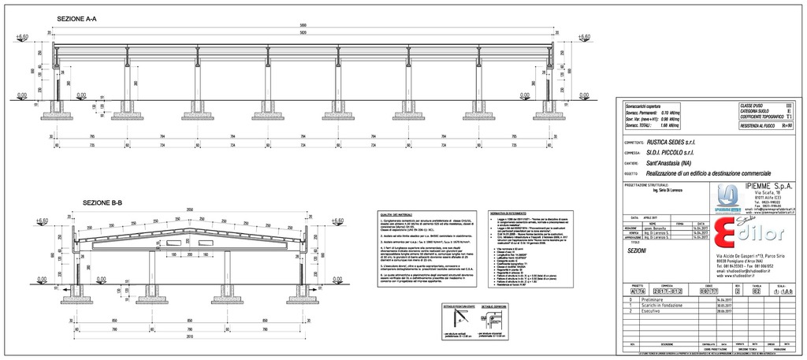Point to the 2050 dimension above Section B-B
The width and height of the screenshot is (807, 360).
click(x=189, y=210)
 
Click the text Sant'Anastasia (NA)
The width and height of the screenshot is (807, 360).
click(x=675, y=162)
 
